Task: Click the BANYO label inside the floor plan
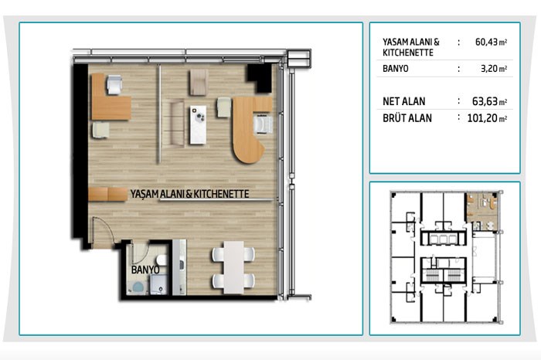pos(145,270)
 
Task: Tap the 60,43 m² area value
pos(491,42)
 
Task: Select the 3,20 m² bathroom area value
pos(494,69)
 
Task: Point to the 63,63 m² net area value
pos(489,101)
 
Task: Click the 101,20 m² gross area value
pos(487,118)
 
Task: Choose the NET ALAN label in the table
pos(404,101)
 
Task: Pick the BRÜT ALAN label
pos(407,118)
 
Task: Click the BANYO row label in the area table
pos(396,69)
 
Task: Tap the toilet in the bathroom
pos(162,260)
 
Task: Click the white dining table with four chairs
pos(233,267)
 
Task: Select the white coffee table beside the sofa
pos(198,125)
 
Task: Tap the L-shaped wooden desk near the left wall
pos(111,97)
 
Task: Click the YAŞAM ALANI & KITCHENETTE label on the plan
pos(189,194)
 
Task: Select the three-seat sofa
pos(177,123)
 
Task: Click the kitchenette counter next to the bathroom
pos(179,267)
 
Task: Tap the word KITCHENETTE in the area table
pos(408,53)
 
